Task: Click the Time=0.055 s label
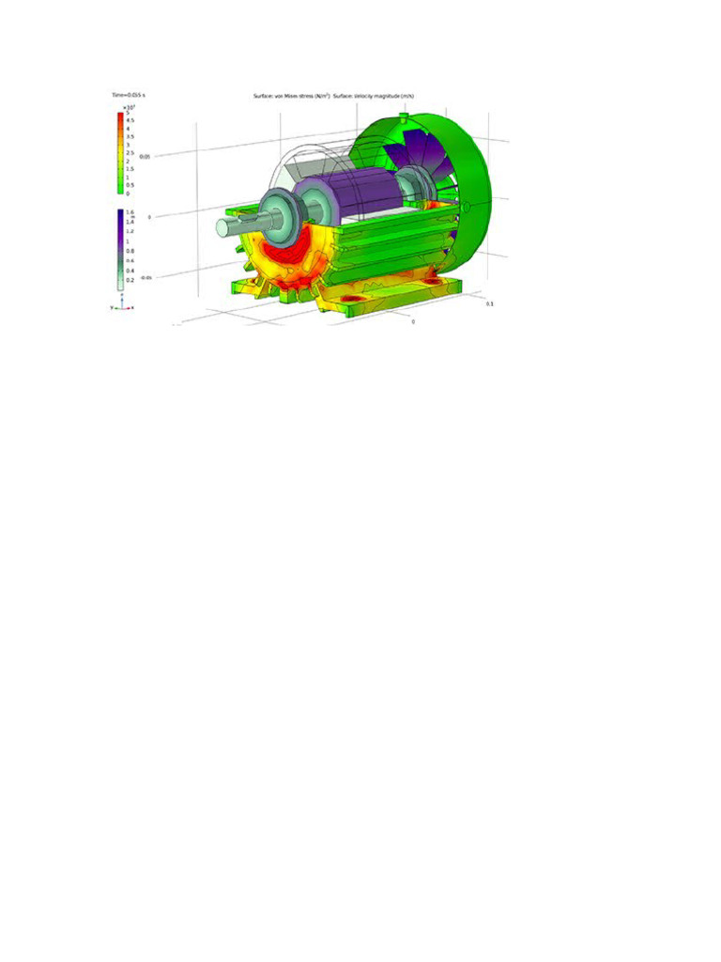pos(126,96)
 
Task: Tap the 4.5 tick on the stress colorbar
pos(130,120)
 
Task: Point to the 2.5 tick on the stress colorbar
pos(130,152)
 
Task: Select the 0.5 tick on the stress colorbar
pos(130,184)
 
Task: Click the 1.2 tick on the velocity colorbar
pos(130,231)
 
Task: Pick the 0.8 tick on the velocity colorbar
pos(130,251)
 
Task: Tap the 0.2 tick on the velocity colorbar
pos(130,280)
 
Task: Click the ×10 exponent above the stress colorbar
pos(131,108)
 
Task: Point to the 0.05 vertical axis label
pos(146,156)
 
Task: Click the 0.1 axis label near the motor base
pos(489,304)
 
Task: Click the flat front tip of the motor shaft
pos(222,227)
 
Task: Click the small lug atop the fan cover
pos(403,117)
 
